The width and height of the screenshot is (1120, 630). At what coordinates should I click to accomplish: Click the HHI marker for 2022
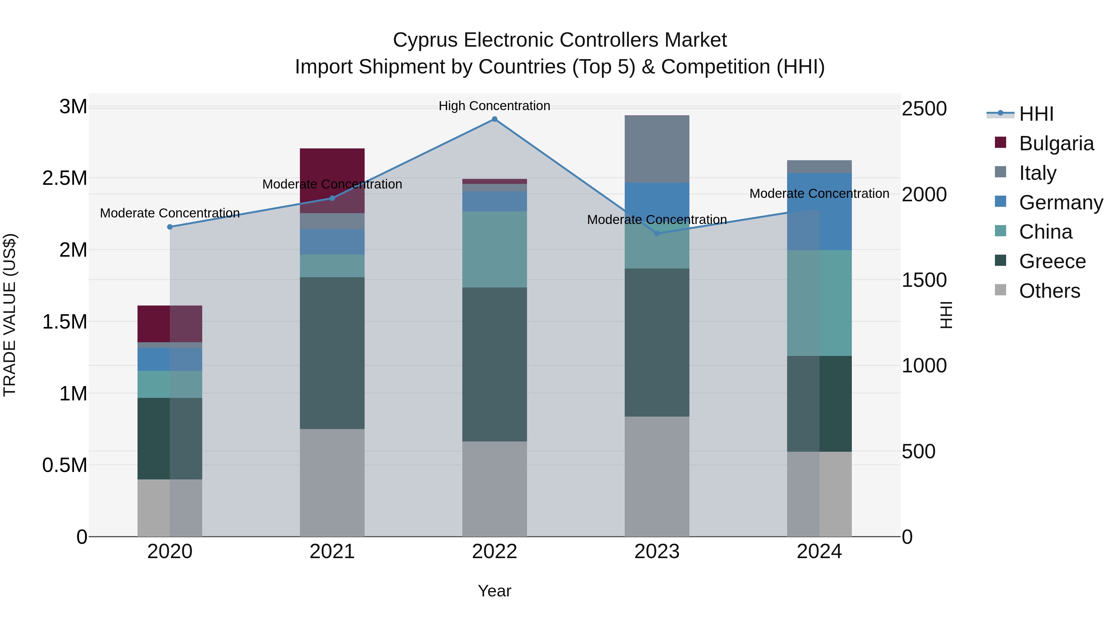click(x=494, y=119)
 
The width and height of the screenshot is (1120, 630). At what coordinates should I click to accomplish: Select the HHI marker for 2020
click(x=170, y=227)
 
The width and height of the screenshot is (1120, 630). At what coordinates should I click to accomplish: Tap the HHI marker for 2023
click(x=657, y=233)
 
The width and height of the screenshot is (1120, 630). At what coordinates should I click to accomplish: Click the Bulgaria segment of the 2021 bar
click(x=332, y=174)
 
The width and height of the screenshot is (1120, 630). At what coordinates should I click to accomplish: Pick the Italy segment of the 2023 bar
click(x=657, y=149)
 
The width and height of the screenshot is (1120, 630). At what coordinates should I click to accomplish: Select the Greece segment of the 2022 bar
click(x=494, y=364)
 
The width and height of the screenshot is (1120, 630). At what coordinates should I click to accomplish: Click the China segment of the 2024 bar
click(x=819, y=303)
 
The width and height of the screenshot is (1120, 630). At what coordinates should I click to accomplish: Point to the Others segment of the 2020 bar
click(x=170, y=508)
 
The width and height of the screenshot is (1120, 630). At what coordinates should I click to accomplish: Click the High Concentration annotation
click(x=494, y=106)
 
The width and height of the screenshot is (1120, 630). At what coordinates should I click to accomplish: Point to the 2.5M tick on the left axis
click(x=65, y=178)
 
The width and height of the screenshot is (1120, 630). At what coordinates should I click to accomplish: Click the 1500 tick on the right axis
click(x=924, y=280)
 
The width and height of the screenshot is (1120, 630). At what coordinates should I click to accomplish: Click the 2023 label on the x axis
click(x=657, y=552)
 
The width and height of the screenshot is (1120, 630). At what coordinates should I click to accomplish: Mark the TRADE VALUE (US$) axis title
click(x=10, y=315)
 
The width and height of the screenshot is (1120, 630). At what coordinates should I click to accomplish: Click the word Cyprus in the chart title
click(x=425, y=40)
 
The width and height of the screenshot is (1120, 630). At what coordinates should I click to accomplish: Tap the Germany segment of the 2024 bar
click(x=819, y=212)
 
